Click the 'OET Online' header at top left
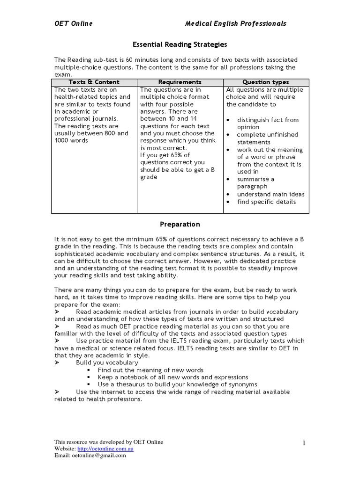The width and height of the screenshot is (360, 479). coord(73,23)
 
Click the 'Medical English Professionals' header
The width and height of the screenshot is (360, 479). coord(235,23)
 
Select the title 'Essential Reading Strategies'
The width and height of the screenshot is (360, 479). coord(180,44)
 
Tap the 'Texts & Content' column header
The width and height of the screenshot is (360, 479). coord(94,82)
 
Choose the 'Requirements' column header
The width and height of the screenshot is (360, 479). coord(180,82)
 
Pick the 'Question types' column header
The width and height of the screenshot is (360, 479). coord(266,82)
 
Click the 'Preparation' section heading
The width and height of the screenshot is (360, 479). coord(180,224)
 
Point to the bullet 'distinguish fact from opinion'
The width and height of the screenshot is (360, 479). coord(267,123)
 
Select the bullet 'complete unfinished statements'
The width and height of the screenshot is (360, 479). coord(267,138)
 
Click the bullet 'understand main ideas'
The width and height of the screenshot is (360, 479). coord(270,194)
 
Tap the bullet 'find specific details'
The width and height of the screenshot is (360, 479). coord(266,202)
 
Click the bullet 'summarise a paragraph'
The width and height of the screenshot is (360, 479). coord(255,183)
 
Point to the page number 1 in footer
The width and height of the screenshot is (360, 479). coord(304,443)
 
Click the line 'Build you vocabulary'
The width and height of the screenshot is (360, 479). coord(107,362)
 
